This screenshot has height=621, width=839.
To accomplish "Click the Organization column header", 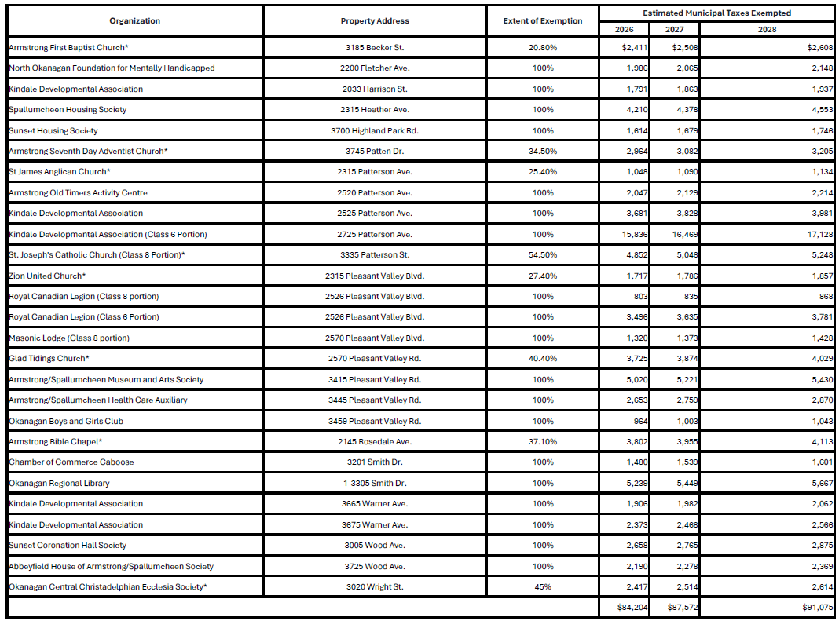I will tap(134, 20).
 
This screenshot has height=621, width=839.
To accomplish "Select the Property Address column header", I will tap(375, 20).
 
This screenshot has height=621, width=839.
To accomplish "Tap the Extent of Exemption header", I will tap(543, 20).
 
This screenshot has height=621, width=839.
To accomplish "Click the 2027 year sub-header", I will tap(674, 29).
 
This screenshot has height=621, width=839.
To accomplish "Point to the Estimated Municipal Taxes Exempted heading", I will tap(716, 13).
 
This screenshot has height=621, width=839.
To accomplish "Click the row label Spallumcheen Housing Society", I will tap(68, 109).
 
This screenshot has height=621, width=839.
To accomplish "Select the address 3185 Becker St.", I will tap(375, 47).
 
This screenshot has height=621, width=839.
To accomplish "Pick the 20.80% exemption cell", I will tap(543, 47).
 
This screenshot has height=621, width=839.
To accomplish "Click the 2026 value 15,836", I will tap(633, 234).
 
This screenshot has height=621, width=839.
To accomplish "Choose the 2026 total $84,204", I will tap(632, 607).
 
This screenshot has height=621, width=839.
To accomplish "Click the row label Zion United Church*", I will tap(47, 276).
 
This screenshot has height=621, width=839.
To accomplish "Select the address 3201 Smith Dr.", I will tap(375, 462).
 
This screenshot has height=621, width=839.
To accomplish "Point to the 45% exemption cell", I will tap(543, 586).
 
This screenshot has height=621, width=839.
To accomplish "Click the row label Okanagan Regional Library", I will tap(59, 483).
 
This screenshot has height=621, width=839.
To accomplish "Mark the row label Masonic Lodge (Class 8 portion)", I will tap(69, 338).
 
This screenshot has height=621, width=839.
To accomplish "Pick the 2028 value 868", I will tap(824, 296).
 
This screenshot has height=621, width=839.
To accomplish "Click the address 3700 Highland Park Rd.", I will tap(375, 130).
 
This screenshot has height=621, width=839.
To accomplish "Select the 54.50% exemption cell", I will tap(543, 254).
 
